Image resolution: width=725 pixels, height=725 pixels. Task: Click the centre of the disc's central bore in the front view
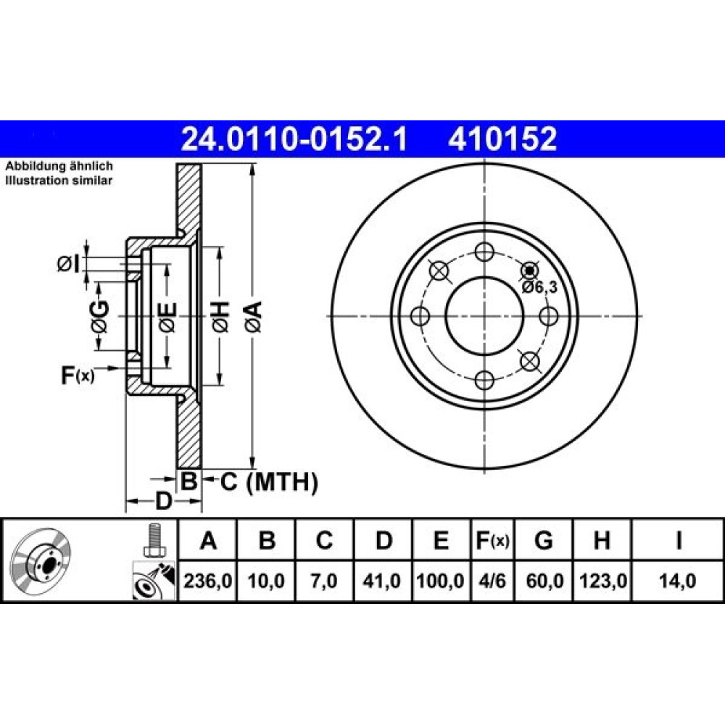tap(484, 316)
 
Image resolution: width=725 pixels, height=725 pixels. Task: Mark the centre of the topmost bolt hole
tap(484, 252)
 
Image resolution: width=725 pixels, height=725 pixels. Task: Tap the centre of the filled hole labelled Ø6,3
tap(530, 271)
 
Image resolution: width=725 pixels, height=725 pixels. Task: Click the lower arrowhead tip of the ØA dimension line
tap(252, 468)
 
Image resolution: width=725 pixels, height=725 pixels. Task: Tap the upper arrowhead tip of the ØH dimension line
tap(220, 247)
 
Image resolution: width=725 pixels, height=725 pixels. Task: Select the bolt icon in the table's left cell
tap(153, 539)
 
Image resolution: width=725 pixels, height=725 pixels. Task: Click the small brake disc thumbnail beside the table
tap(41, 559)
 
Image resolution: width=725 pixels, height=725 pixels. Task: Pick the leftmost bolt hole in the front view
tap(420, 316)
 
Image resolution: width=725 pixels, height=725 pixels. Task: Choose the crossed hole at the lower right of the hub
tap(530, 361)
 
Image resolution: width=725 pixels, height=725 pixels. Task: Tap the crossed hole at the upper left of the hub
tap(439, 271)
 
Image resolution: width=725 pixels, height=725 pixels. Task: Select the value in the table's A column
tap(207, 581)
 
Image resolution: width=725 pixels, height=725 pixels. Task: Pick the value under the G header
tap(544, 581)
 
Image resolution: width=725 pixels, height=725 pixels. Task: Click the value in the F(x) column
tap(492, 581)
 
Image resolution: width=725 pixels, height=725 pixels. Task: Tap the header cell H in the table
tap(602, 540)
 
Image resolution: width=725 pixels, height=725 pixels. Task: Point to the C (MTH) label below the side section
tap(269, 482)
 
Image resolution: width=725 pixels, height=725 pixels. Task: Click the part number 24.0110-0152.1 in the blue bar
tap(294, 139)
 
